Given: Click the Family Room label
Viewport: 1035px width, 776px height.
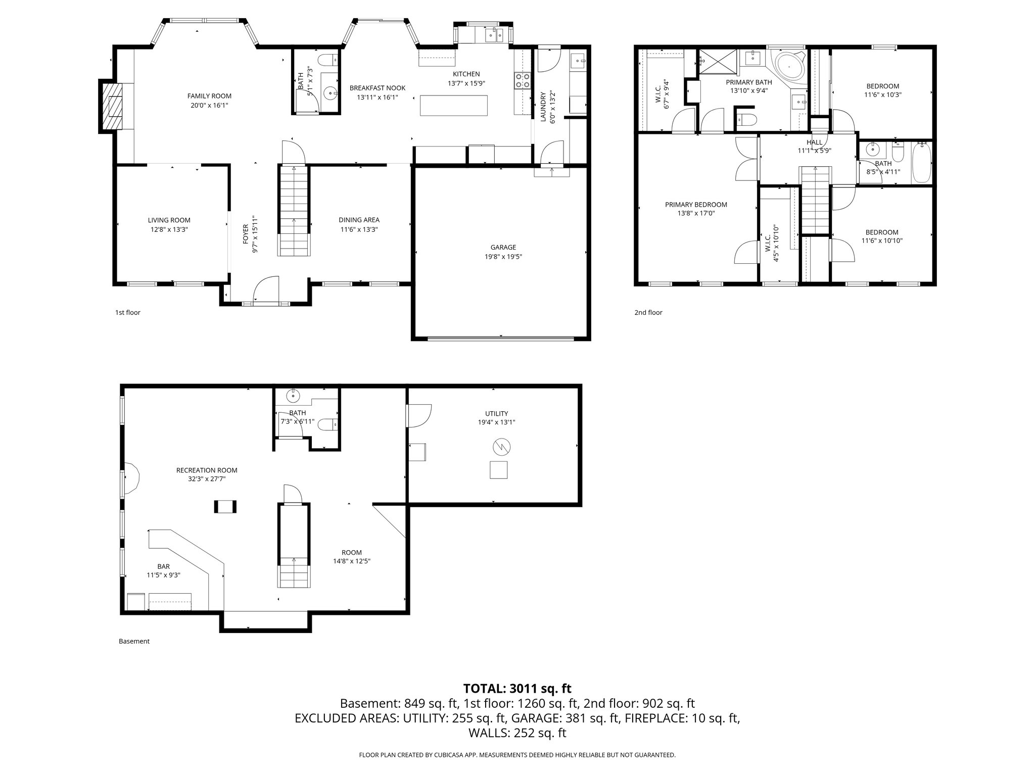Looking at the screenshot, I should click(209, 96).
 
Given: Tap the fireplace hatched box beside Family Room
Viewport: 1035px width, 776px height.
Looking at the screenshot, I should click(112, 107).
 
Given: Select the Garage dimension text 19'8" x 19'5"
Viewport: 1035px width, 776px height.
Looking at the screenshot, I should click(503, 257).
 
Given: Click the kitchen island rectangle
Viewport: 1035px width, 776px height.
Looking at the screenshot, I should click(454, 105).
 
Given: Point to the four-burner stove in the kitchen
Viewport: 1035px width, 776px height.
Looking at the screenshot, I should click(523, 80).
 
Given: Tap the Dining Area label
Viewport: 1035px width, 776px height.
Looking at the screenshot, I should click(359, 220).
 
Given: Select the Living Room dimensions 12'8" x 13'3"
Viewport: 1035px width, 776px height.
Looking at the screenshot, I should click(169, 229).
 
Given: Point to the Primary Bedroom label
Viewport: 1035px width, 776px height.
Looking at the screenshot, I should click(695, 205).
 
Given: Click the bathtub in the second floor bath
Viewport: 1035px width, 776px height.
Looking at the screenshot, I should click(922, 163).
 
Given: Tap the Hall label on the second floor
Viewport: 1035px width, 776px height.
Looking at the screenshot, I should click(814, 142).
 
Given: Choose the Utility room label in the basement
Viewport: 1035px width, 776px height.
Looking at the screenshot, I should click(496, 413).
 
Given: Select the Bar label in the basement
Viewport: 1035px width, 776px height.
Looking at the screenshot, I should click(163, 566).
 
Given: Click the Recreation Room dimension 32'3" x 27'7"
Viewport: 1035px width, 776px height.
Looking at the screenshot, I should click(206, 479).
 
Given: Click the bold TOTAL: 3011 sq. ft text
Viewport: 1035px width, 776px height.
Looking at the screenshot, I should click(517, 689).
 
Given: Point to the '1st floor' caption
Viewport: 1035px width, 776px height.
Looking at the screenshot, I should click(127, 313).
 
